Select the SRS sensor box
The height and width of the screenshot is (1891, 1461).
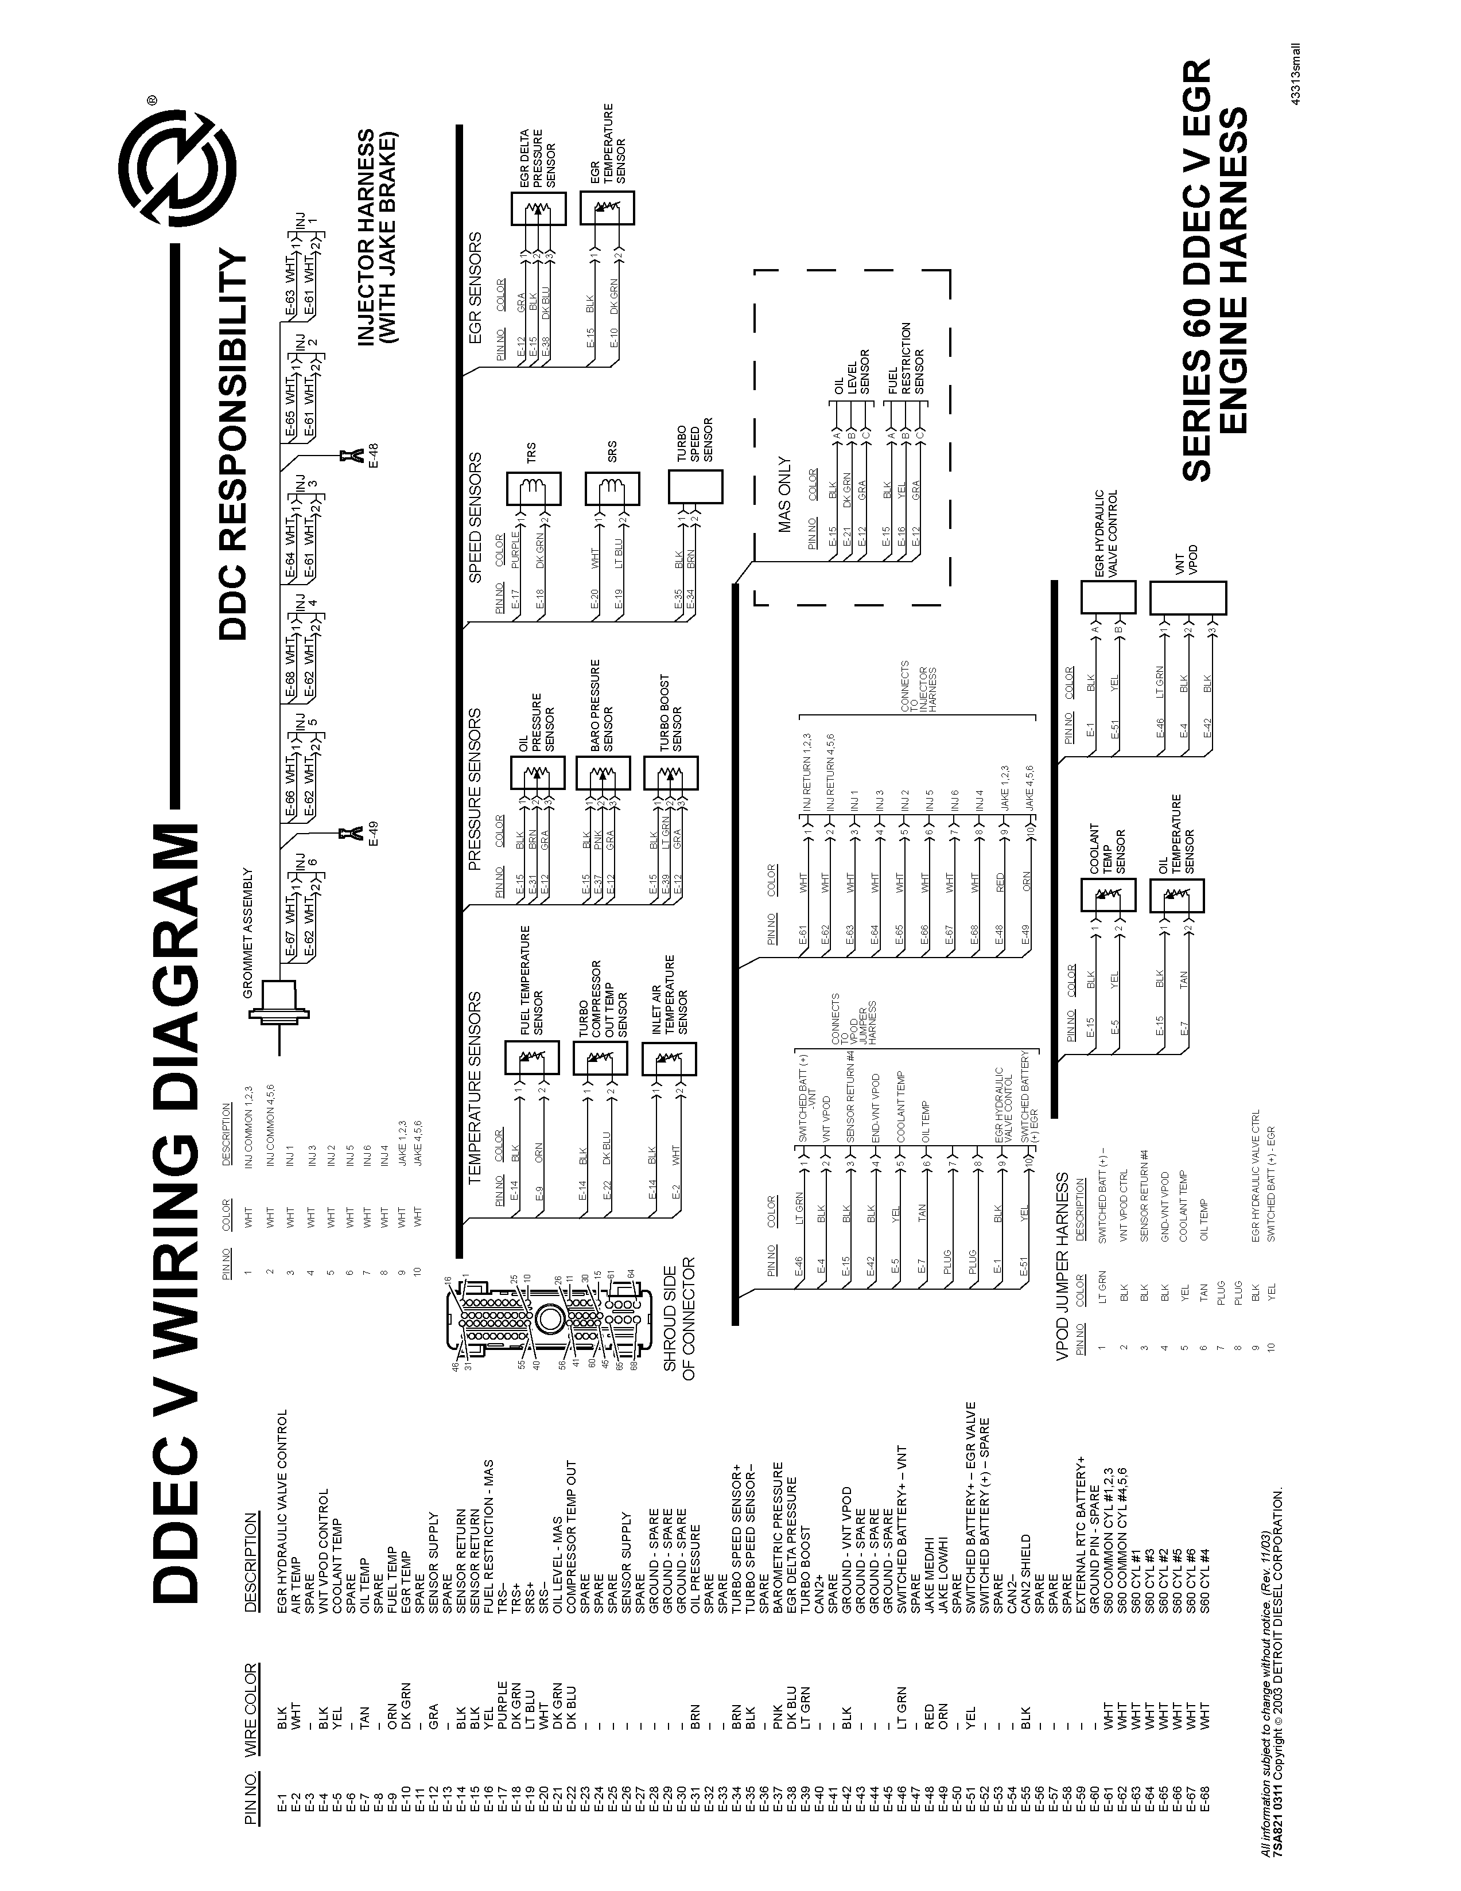[612, 490]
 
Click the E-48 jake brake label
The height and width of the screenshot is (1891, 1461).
[373, 454]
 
